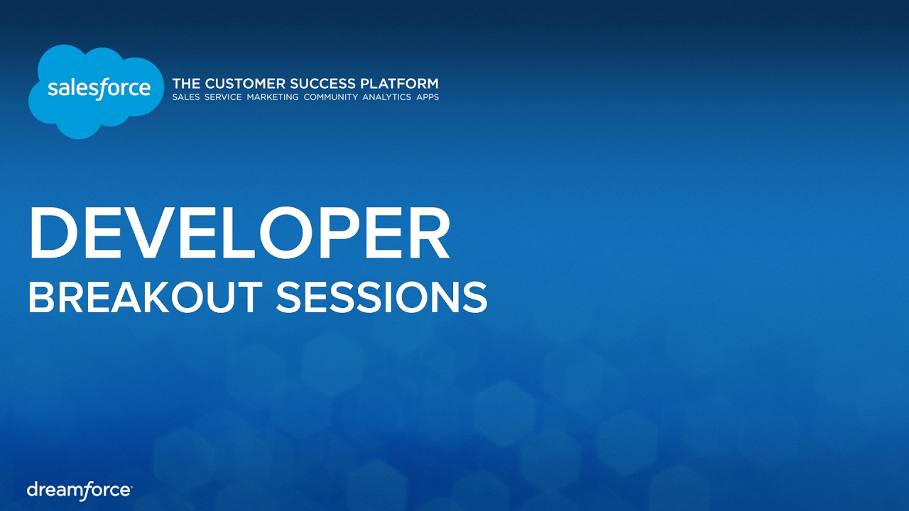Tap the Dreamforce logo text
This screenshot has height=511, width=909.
click(79, 490)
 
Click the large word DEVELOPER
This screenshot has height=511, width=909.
click(239, 233)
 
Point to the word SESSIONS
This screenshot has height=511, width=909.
click(381, 297)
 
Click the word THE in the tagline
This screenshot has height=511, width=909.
click(186, 84)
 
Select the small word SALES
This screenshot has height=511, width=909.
click(186, 97)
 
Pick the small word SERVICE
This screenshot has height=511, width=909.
click(223, 97)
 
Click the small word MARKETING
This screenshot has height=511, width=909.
click(273, 97)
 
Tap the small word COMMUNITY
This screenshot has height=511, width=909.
click(330, 97)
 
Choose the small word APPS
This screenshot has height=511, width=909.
click(428, 97)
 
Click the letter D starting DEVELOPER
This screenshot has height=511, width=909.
click(50, 233)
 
